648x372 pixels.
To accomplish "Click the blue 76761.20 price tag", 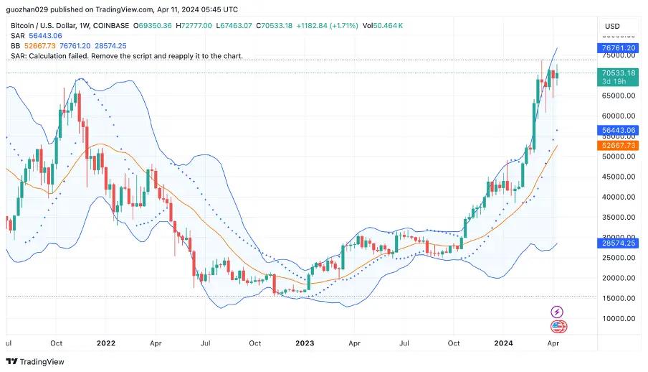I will point(619,48).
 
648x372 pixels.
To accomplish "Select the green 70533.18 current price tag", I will point(619,73).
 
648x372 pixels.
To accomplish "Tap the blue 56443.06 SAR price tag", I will point(619,131).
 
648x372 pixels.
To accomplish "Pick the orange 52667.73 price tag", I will point(619,145).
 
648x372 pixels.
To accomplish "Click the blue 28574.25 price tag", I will point(619,243).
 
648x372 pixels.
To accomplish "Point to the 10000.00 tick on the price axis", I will point(619,319).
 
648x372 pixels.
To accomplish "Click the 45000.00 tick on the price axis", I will point(619,177).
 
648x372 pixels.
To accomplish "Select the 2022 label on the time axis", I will point(106,343).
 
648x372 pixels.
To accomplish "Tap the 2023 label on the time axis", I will point(305,343).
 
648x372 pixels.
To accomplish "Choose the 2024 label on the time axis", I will point(505,343).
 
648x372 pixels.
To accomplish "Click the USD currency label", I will point(612,27).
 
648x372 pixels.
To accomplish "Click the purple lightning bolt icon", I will point(558,312).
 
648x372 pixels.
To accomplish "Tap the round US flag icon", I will point(558,327).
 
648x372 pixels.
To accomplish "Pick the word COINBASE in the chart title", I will point(111,26).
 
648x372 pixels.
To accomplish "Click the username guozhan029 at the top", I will point(29,9).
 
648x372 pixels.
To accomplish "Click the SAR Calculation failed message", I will point(127,55).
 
